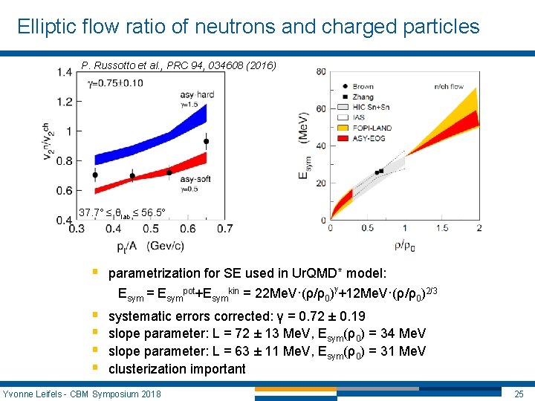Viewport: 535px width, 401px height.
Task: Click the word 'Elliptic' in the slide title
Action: click(45, 27)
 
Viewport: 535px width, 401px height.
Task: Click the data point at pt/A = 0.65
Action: click(206, 141)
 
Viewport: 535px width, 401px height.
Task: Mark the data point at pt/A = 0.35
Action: click(94, 175)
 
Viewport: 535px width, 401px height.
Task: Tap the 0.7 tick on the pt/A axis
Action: click(224, 229)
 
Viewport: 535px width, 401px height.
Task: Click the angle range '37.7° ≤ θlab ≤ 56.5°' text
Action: click(123, 213)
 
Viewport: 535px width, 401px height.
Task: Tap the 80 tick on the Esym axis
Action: click(320, 71)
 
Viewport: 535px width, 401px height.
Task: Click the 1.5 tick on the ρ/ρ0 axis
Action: click(443, 228)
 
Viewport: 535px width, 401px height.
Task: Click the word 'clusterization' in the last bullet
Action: click(146, 369)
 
